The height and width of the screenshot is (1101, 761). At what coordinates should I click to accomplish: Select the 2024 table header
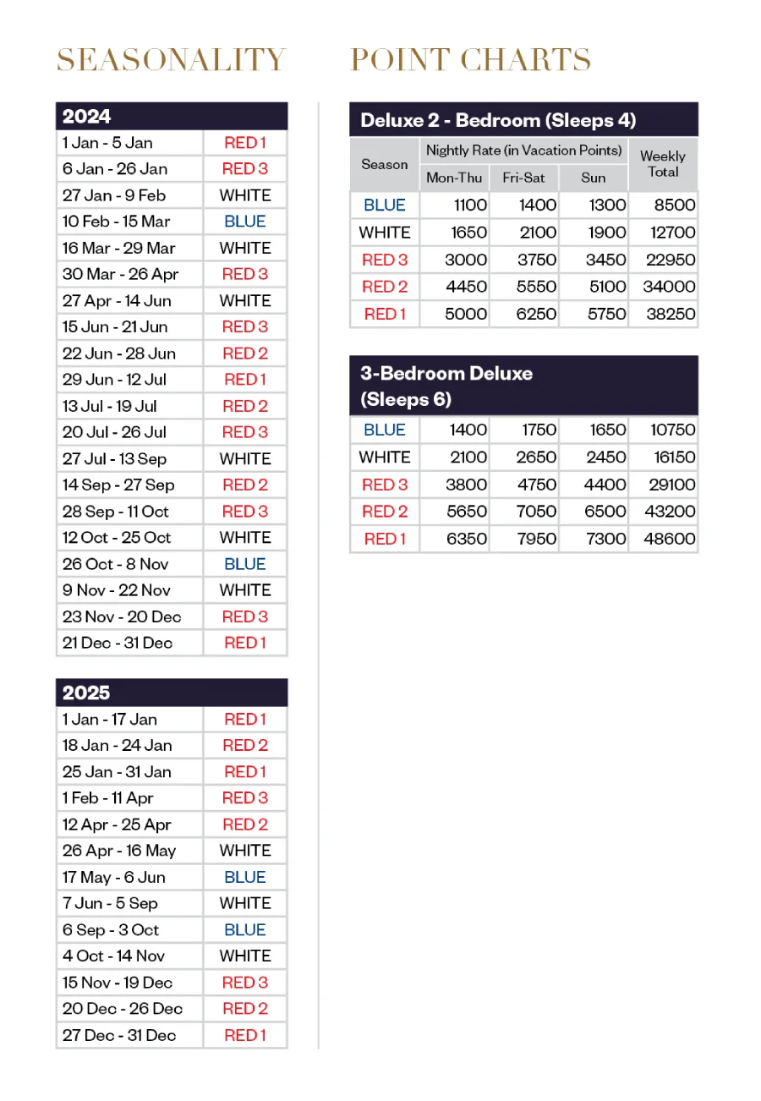click(172, 116)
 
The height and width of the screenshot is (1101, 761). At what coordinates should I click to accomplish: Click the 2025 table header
click(172, 693)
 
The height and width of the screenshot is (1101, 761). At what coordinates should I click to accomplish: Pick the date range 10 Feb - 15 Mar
click(117, 222)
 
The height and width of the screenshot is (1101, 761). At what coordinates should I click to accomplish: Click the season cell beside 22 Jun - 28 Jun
click(245, 353)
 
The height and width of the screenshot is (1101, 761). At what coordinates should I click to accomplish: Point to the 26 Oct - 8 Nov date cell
click(117, 564)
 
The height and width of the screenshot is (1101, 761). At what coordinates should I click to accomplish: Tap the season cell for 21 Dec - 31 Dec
click(245, 643)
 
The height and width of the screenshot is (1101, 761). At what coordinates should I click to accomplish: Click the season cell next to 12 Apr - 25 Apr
click(245, 824)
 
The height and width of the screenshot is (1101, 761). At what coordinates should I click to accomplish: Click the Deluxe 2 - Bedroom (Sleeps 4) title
click(498, 120)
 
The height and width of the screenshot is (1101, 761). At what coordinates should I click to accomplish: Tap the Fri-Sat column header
click(523, 178)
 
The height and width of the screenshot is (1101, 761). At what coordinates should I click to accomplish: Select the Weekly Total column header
click(663, 164)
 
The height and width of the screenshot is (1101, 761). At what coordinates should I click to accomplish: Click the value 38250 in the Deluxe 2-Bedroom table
click(671, 314)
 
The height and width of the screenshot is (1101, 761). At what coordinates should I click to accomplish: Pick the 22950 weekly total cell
click(671, 260)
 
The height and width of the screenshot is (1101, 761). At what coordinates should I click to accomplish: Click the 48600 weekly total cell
click(671, 539)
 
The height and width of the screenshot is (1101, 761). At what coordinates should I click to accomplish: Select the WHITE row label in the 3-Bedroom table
click(385, 457)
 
